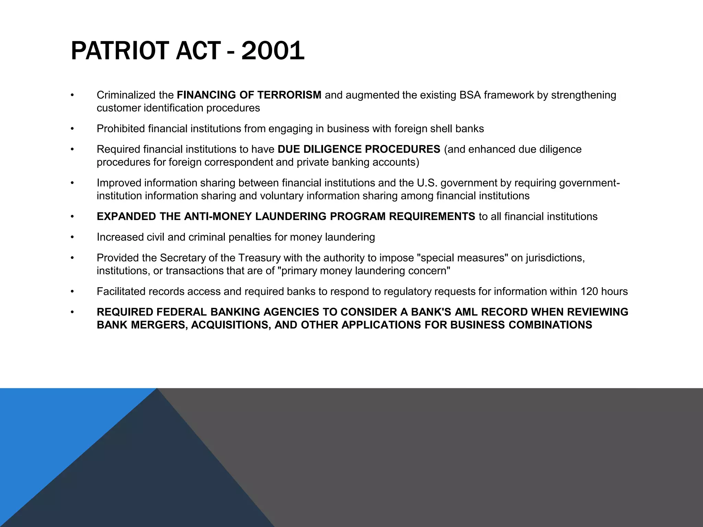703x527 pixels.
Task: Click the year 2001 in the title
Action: [x=273, y=51]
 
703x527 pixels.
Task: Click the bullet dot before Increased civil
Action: [x=72, y=237]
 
